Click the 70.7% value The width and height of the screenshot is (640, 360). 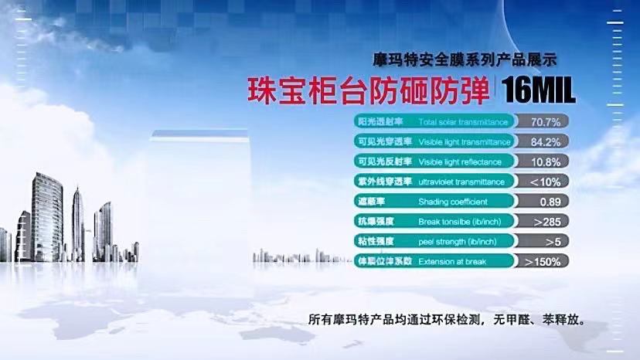click(x=545, y=121)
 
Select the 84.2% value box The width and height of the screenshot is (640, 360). click(x=541, y=141)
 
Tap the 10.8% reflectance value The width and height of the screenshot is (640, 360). click(x=546, y=161)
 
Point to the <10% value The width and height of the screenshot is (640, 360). click(x=545, y=182)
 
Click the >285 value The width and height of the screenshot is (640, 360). click(x=547, y=222)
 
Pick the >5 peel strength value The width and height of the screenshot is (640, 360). click(x=553, y=242)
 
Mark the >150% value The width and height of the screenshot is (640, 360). click(x=543, y=261)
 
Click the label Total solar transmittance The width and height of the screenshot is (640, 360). click(x=463, y=121)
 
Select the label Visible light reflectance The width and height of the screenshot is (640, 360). click(x=460, y=161)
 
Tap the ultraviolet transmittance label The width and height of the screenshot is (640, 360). click(x=461, y=182)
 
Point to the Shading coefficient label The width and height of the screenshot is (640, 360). click(x=453, y=202)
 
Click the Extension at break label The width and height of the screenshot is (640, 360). click(x=452, y=262)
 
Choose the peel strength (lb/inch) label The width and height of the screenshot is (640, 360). click(x=457, y=242)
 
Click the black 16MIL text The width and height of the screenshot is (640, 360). click(x=538, y=90)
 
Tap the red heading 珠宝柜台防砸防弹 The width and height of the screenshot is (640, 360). click(x=368, y=90)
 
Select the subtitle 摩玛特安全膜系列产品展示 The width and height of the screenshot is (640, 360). click(x=465, y=60)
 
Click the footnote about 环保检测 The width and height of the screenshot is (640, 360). click(x=447, y=319)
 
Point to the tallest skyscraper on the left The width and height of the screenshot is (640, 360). click(x=47, y=217)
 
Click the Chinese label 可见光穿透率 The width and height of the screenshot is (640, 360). click(x=384, y=141)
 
